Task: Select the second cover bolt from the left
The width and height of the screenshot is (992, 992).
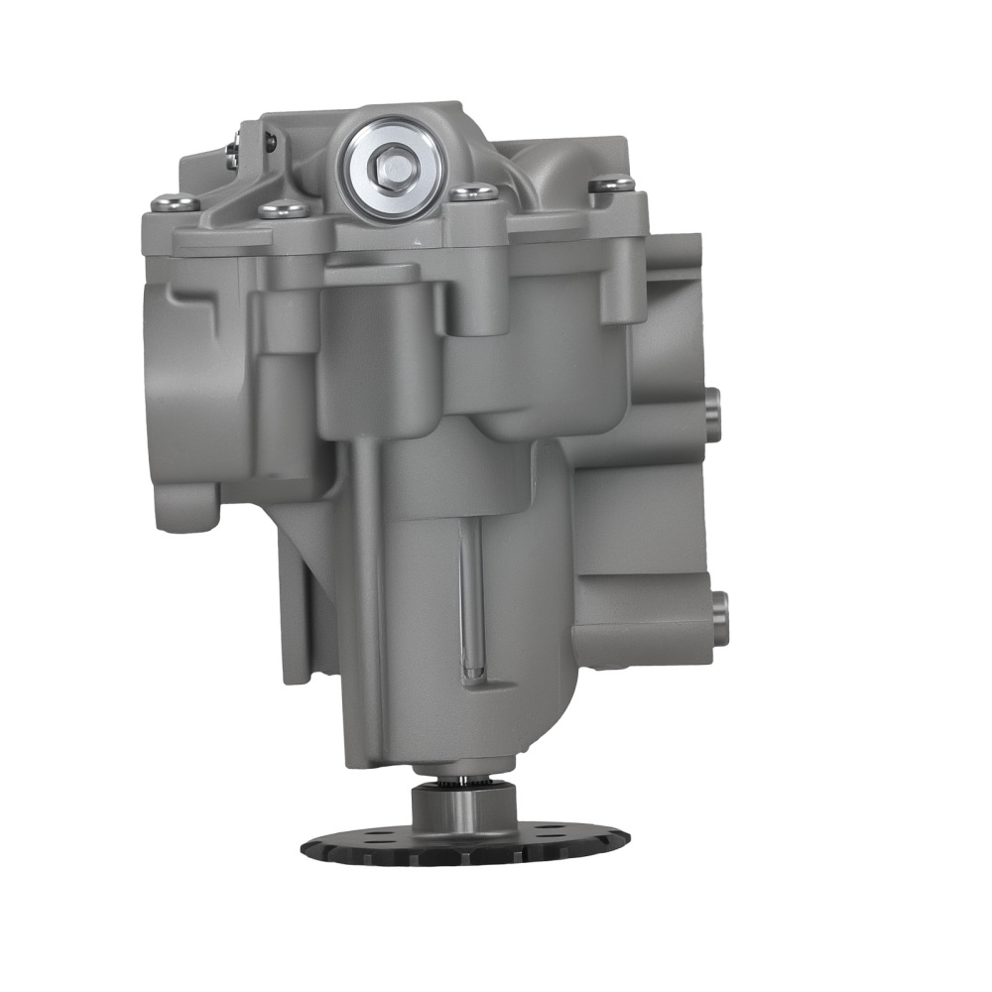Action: pos(282,208)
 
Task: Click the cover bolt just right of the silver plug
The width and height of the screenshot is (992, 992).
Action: pos(473,190)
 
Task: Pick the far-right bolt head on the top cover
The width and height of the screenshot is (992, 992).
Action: pos(610,183)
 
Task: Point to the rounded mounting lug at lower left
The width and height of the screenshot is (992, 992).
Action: pos(185,507)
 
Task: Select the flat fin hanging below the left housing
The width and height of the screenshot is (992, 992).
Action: pos(298,625)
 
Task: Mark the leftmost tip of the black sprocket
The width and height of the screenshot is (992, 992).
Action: pos(304,848)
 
